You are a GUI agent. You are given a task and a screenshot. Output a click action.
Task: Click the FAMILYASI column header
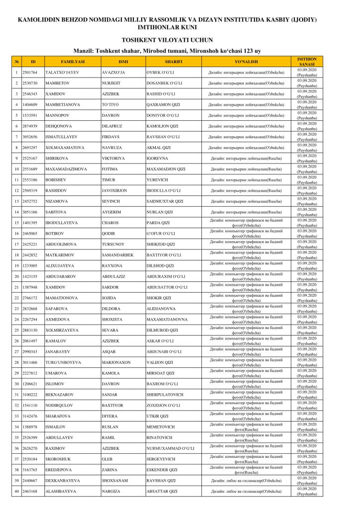[73, 62]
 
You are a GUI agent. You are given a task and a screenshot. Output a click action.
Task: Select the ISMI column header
[123, 62]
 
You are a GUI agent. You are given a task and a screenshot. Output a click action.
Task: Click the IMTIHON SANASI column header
[306, 62]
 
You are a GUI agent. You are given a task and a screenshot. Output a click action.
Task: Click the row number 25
[16, 330]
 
